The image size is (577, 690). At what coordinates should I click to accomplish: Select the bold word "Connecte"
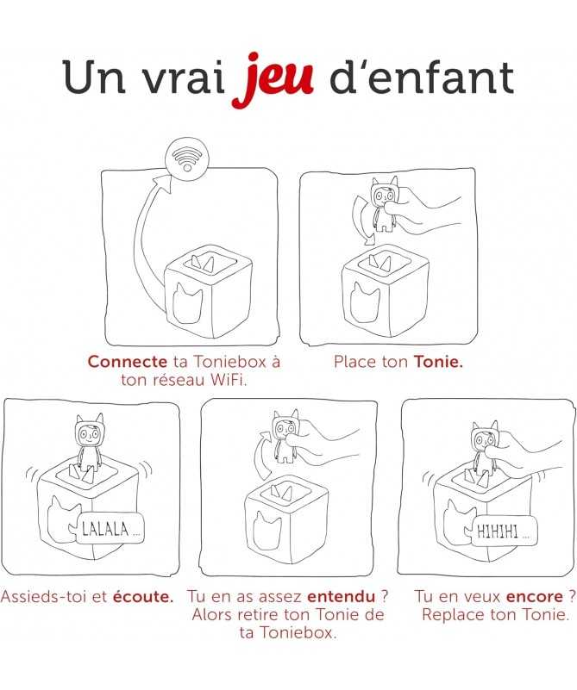click(x=128, y=362)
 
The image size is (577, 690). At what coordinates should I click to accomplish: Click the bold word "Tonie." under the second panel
click(x=438, y=362)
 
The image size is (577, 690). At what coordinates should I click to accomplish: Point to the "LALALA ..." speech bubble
click(x=110, y=529)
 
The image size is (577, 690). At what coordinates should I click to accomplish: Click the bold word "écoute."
click(x=143, y=597)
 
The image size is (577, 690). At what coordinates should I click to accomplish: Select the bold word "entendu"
click(x=342, y=597)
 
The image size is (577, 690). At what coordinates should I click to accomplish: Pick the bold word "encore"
click(x=535, y=597)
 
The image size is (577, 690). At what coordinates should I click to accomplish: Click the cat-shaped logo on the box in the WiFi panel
click(x=187, y=302)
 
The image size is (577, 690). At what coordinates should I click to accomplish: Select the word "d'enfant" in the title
click(x=422, y=78)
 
